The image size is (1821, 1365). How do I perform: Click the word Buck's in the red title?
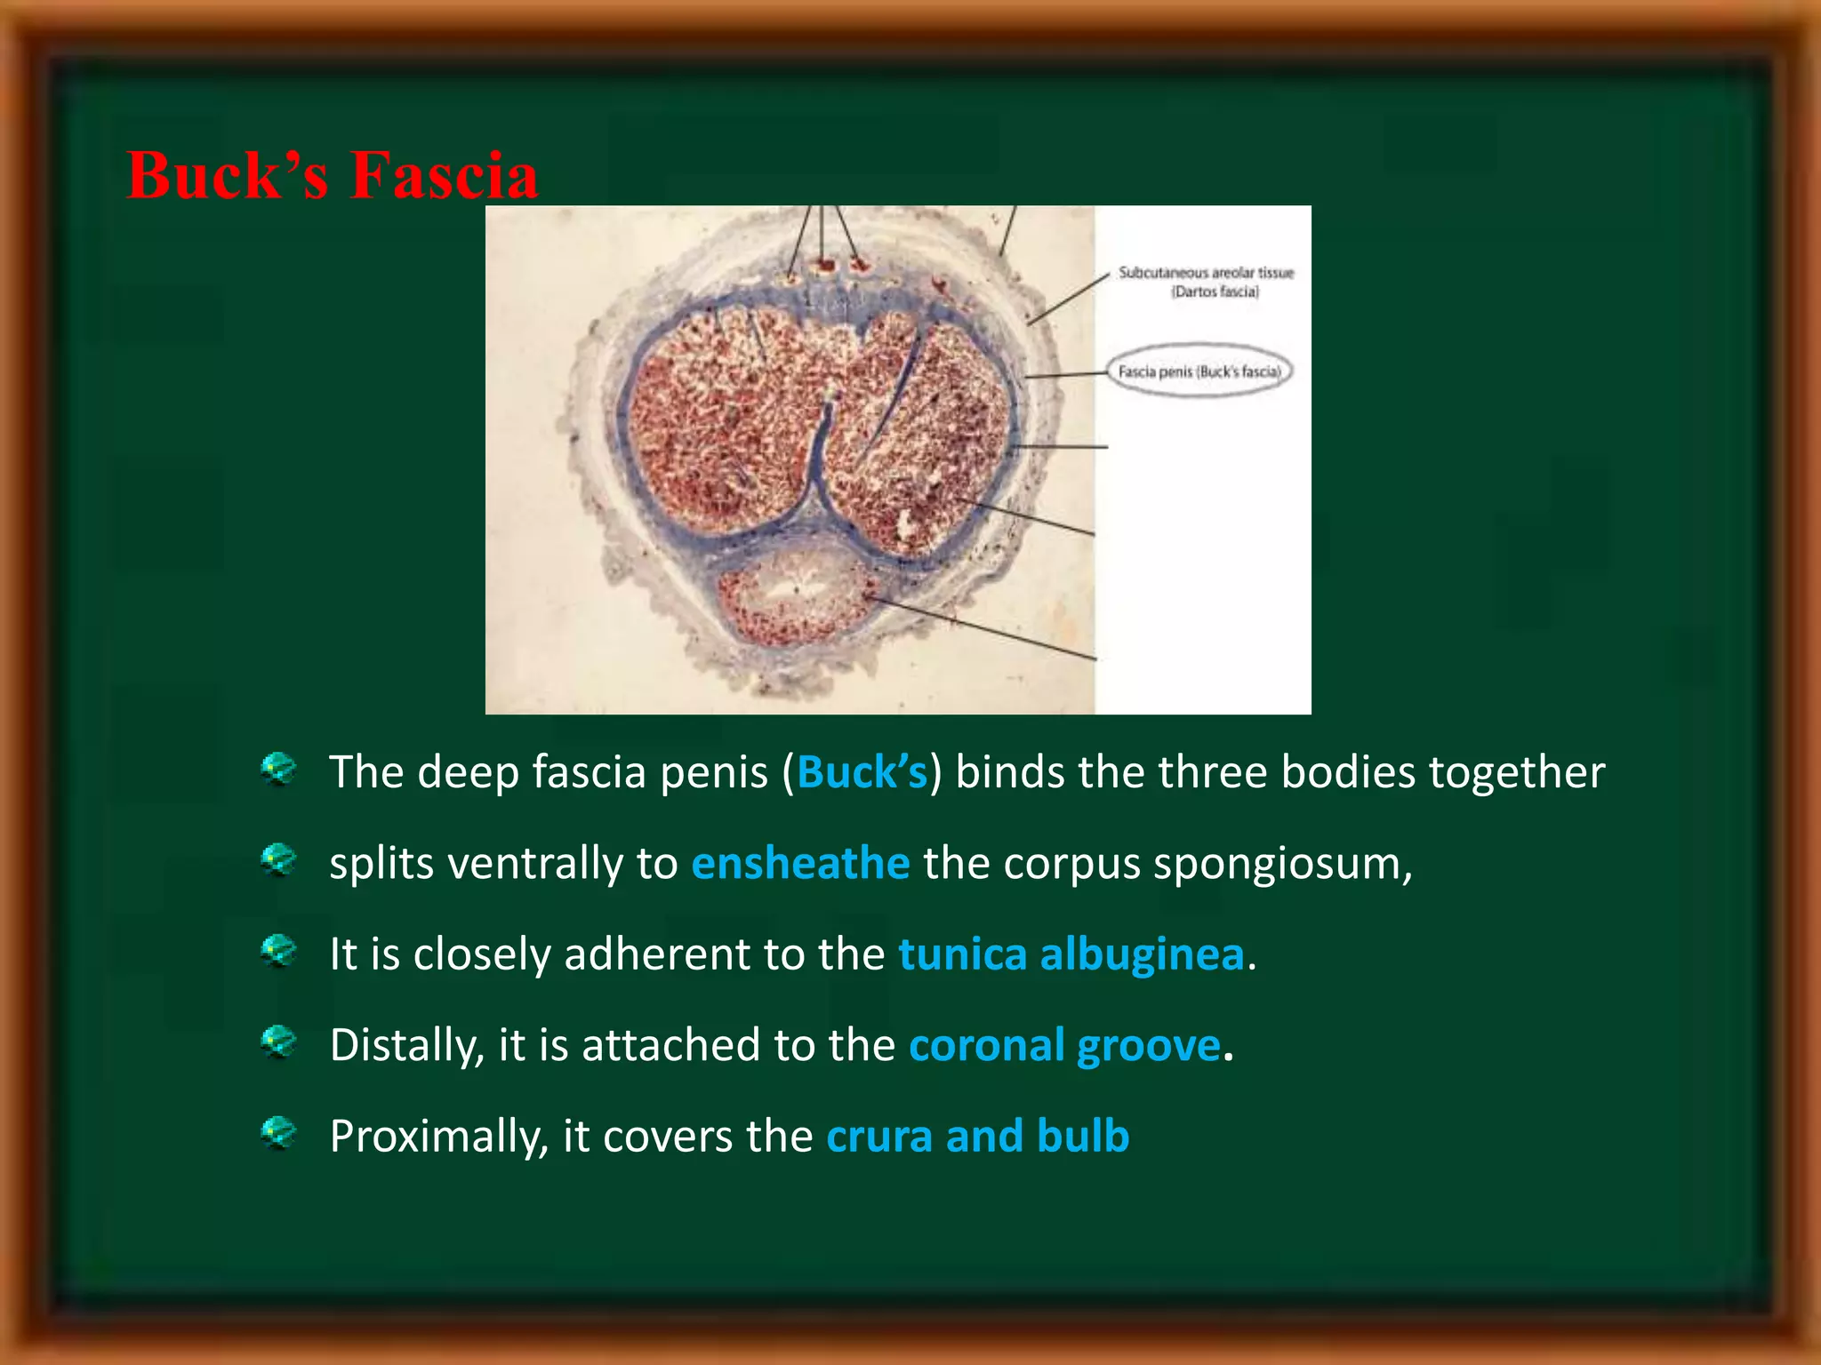click(228, 175)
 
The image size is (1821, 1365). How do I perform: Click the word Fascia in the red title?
click(444, 175)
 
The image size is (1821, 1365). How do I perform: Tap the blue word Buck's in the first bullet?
click(862, 771)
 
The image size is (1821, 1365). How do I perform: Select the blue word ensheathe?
click(800, 863)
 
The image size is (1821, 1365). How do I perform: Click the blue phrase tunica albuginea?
click(1071, 954)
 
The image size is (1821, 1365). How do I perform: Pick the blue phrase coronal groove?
click(1064, 1045)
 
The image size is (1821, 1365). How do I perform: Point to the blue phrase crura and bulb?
click(977, 1137)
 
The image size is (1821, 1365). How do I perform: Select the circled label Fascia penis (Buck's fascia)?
click(1199, 371)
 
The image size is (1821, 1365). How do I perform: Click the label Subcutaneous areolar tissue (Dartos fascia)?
click(1206, 282)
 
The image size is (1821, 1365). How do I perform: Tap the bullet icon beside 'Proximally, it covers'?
click(278, 1133)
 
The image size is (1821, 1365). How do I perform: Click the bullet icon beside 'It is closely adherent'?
click(278, 951)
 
